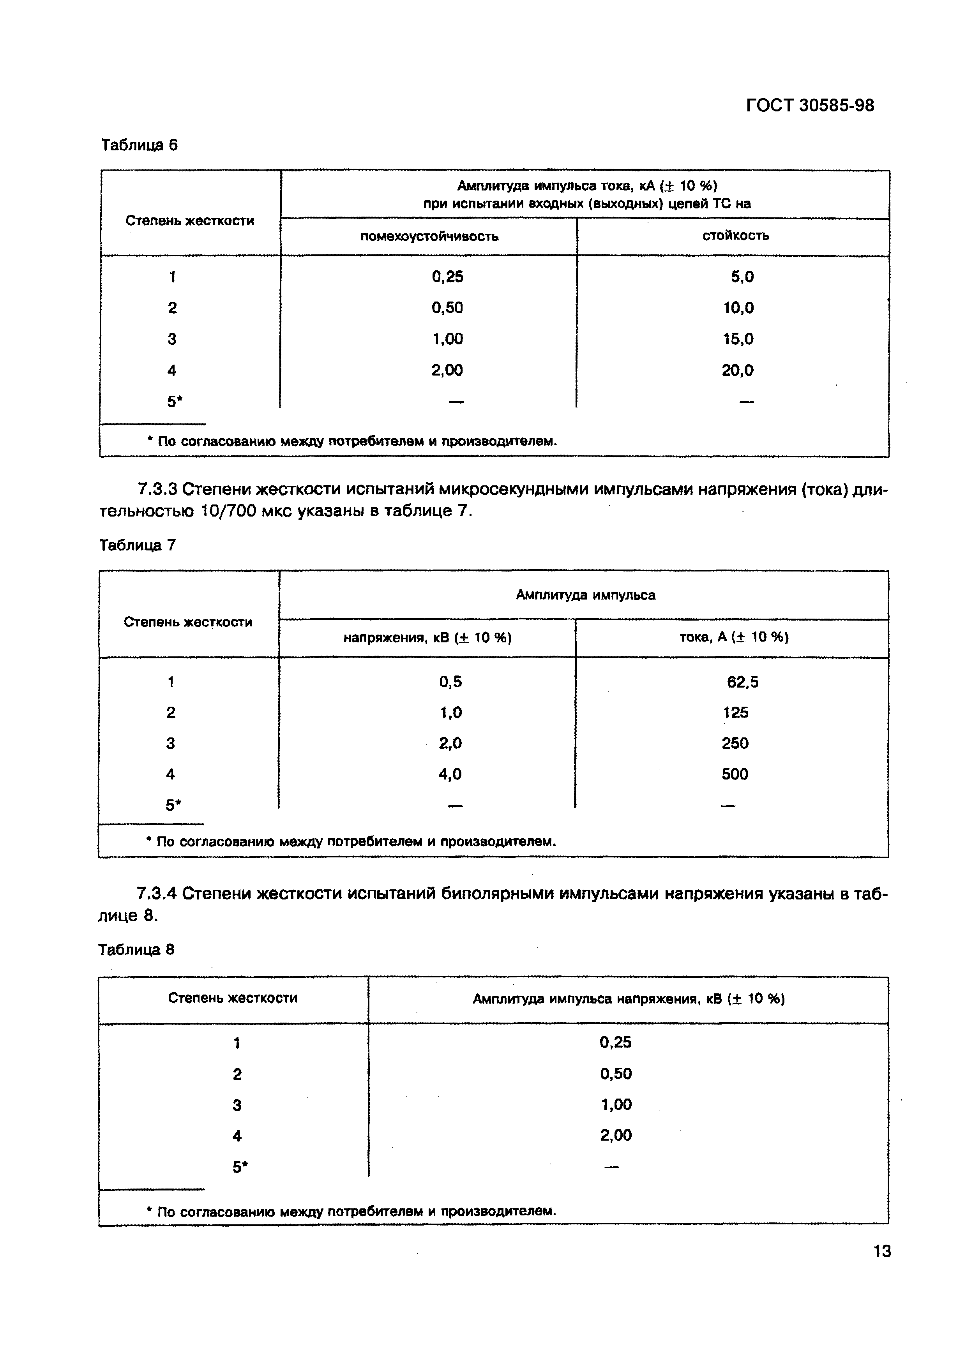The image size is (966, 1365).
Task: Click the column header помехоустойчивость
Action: pyautogui.click(x=429, y=236)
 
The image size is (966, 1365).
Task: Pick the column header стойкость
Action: pyautogui.click(x=735, y=235)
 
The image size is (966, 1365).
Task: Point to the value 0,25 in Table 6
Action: pyautogui.click(x=447, y=277)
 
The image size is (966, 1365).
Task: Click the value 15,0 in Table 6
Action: pyautogui.click(x=738, y=339)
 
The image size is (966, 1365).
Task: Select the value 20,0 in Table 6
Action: pyautogui.click(x=738, y=370)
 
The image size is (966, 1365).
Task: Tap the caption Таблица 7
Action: pyautogui.click(x=138, y=545)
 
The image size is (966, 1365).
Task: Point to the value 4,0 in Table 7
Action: pyautogui.click(x=450, y=774)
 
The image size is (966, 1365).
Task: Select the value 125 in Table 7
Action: pyautogui.click(x=735, y=712)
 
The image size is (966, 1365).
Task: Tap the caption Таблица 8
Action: pyautogui.click(x=136, y=949)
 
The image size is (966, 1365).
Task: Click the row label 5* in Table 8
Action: pyautogui.click(x=239, y=1167)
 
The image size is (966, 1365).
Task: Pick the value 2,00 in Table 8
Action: pyautogui.click(x=616, y=1136)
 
